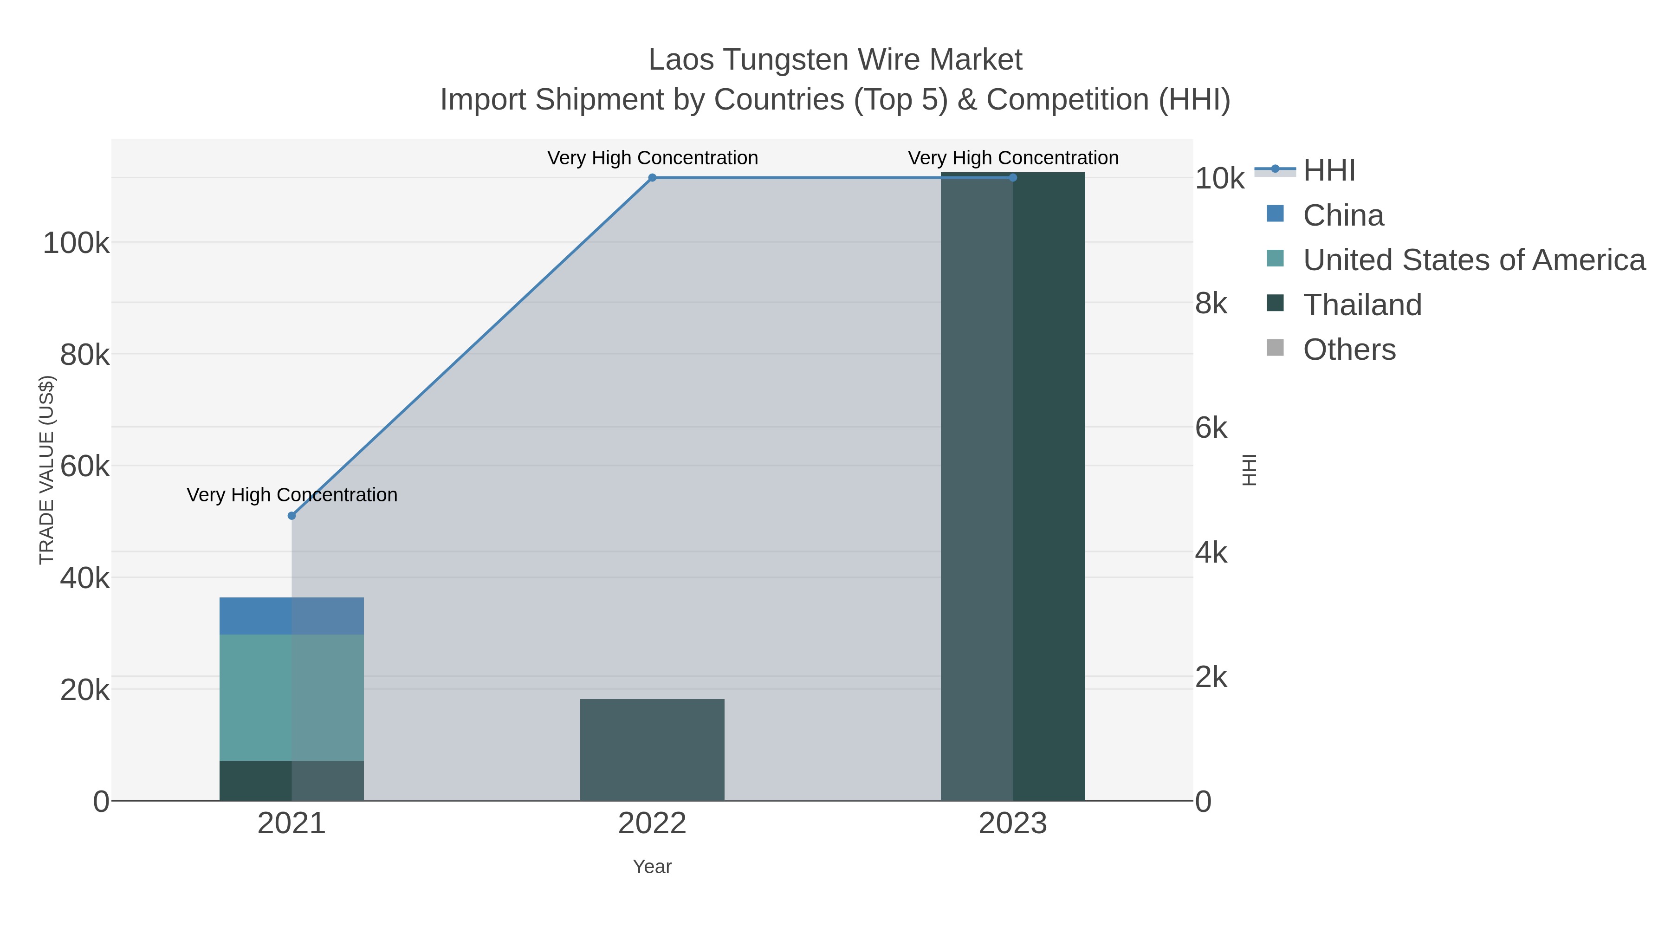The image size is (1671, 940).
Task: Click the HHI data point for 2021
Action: (x=292, y=516)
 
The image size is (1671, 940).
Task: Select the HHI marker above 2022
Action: (x=653, y=178)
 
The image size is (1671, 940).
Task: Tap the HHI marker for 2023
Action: (x=1013, y=178)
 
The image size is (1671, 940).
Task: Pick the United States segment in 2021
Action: (x=292, y=697)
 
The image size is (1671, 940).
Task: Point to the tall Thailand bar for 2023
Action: (x=1013, y=486)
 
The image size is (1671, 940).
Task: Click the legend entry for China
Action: (x=1343, y=215)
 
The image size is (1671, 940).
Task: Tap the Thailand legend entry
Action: (x=1362, y=305)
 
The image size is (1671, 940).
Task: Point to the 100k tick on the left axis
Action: (x=76, y=243)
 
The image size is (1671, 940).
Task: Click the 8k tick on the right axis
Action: (x=1211, y=304)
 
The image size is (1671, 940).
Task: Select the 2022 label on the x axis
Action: (x=653, y=824)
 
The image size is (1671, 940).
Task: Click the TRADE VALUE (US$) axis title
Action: (x=47, y=470)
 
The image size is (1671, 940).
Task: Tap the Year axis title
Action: (x=653, y=867)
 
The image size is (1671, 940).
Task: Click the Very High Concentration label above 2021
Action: (x=292, y=495)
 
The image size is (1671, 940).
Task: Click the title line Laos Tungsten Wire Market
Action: (x=835, y=60)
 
